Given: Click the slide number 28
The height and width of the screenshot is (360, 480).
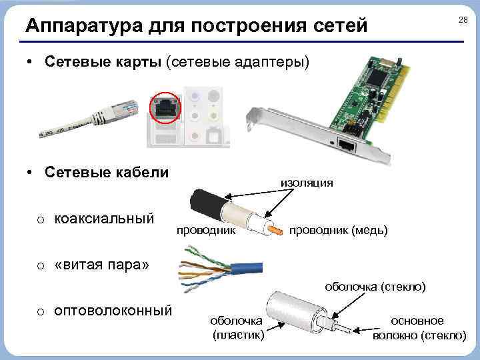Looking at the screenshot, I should (463, 21).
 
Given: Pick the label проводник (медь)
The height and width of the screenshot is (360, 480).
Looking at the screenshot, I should (337, 231).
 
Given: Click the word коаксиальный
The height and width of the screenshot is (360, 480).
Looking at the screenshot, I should (104, 219).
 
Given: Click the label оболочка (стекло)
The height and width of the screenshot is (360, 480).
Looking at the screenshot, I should (375, 287).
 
